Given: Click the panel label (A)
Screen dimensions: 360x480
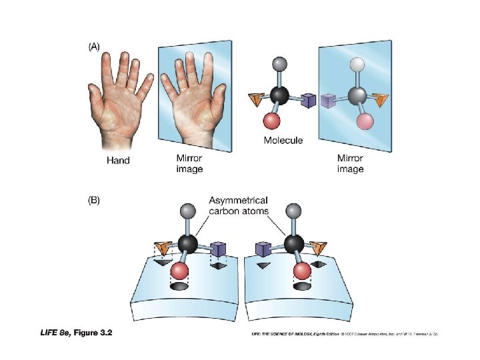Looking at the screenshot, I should [94, 47].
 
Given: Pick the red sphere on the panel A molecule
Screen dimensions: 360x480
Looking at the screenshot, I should [271, 121].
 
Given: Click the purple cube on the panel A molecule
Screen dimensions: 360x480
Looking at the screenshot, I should [307, 101].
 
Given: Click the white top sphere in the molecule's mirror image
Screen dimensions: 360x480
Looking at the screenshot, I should [359, 64].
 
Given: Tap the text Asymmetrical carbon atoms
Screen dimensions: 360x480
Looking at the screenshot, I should [239, 205].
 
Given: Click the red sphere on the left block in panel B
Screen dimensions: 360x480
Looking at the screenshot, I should [180, 271].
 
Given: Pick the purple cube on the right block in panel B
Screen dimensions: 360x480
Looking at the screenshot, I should [262, 250].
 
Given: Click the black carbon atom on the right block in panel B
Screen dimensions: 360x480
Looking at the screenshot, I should [292, 243].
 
